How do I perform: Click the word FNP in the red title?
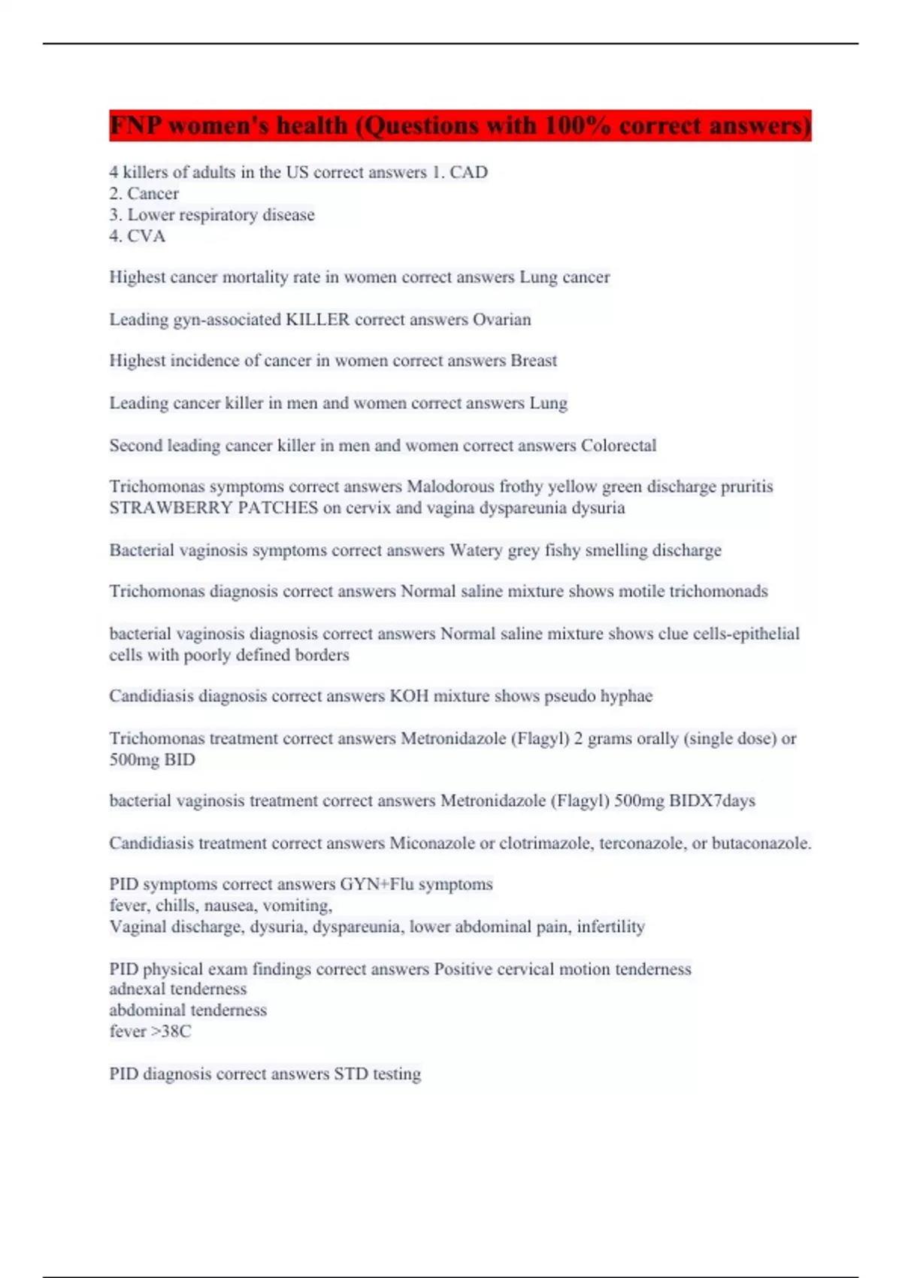[x=136, y=125]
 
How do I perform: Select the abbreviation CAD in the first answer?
[x=468, y=172]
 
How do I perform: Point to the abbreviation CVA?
[x=146, y=236]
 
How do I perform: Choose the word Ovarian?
[x=501, y=319]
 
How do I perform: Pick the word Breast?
[x=534, y=361]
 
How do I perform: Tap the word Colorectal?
[x=619, y=445]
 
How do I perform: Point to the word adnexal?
[x=141, y=989]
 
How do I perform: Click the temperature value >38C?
[x=171, y=1031]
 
